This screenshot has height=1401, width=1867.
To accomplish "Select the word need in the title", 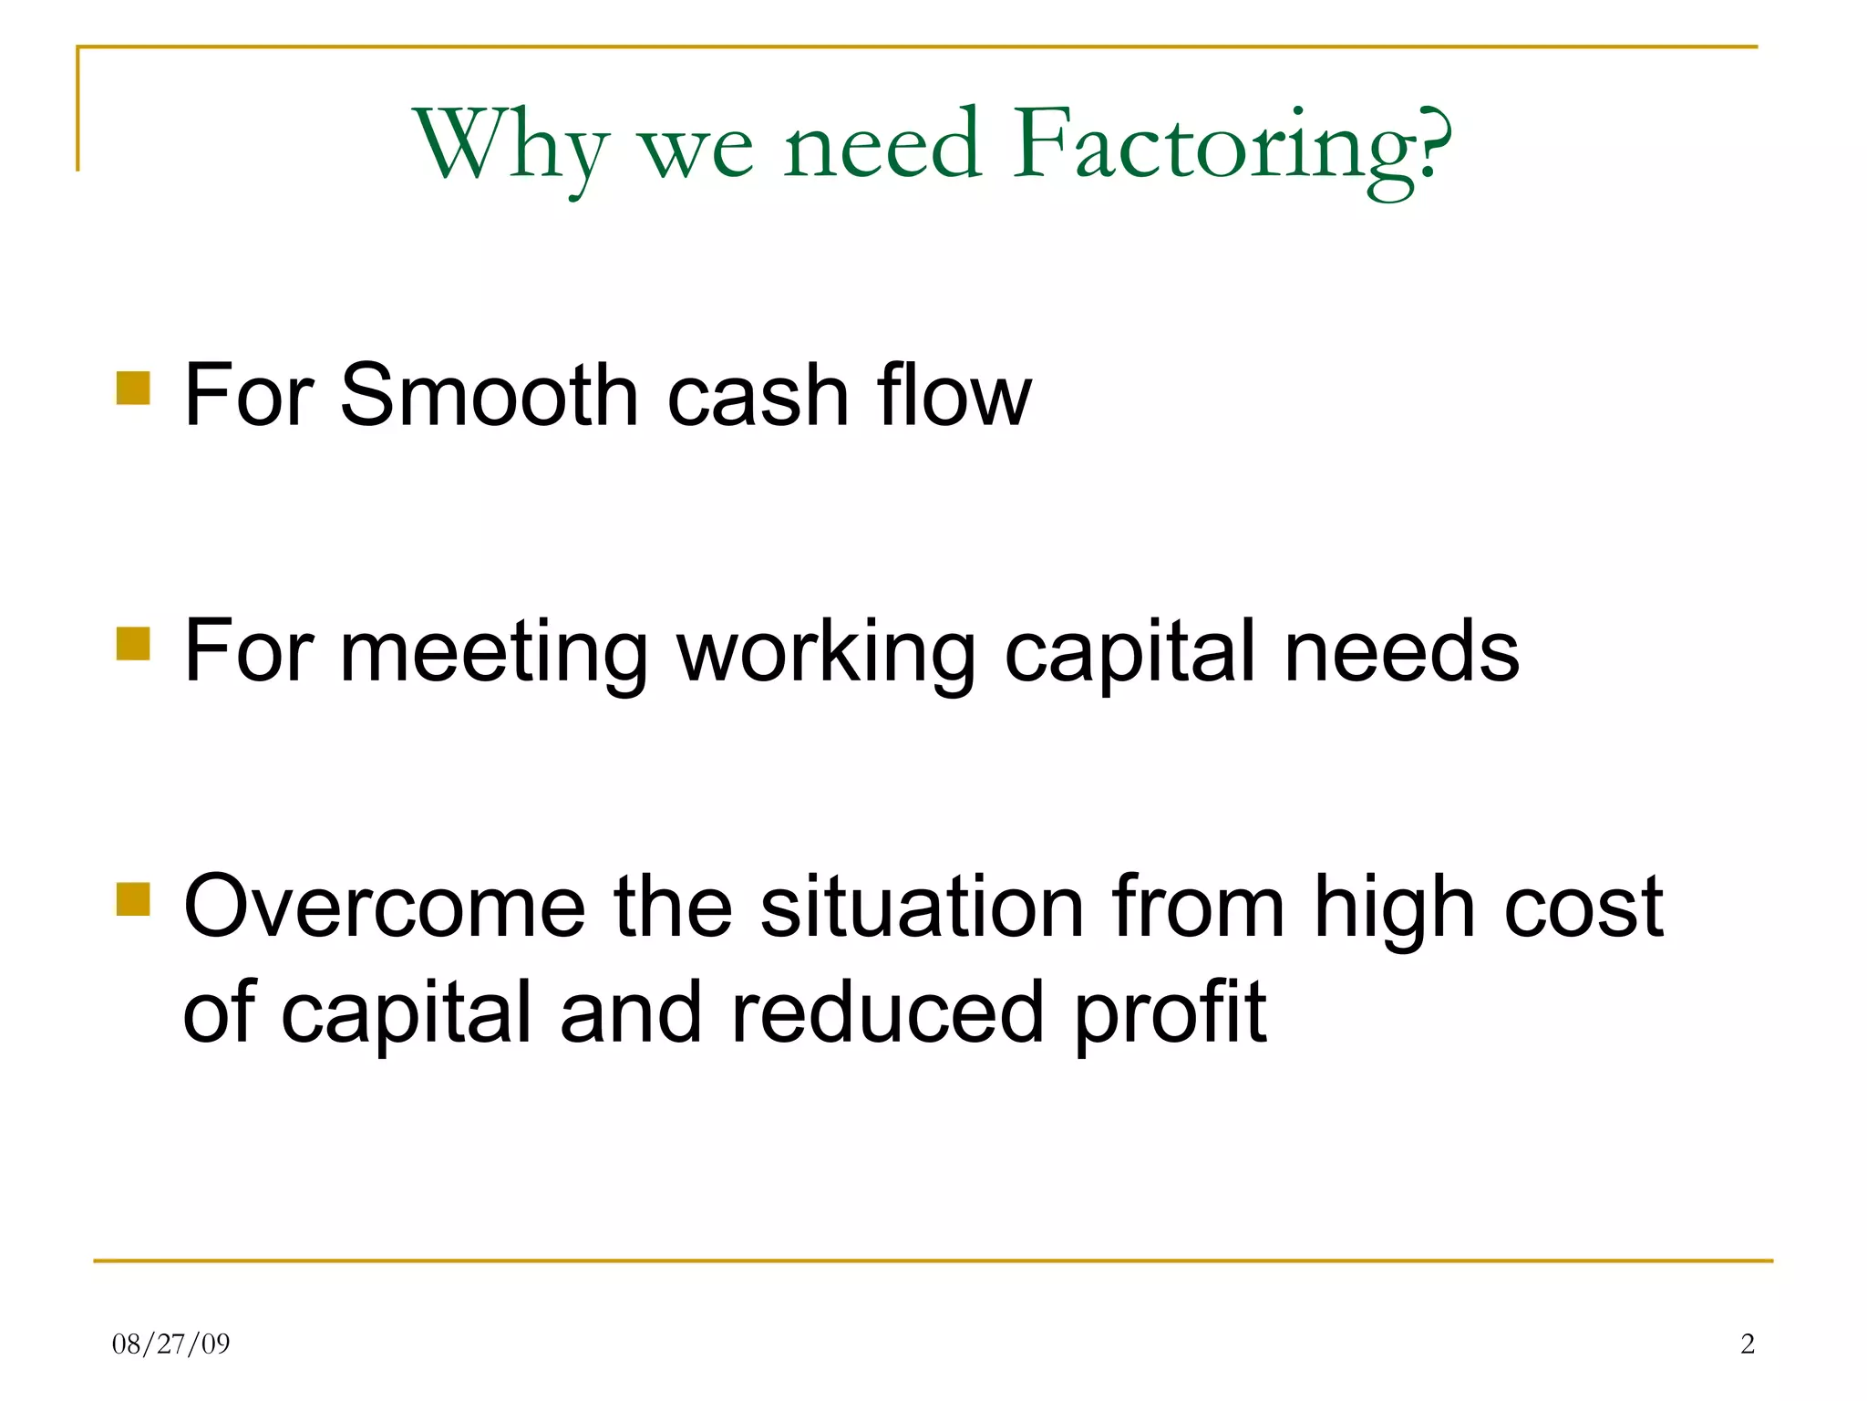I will point(882,146).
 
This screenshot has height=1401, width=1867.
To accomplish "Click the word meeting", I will point(493,653).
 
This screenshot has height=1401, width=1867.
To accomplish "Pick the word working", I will point(826,653).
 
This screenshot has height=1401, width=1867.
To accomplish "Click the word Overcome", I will point(384,907).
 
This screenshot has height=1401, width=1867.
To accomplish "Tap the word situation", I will point(922,907).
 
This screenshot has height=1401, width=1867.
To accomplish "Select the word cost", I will point(1583,908).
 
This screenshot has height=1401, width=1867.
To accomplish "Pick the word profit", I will point(1170,1014).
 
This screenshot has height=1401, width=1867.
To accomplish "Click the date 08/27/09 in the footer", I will point(170,1344).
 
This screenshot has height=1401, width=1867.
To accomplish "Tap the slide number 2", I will point(1747,1344).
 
